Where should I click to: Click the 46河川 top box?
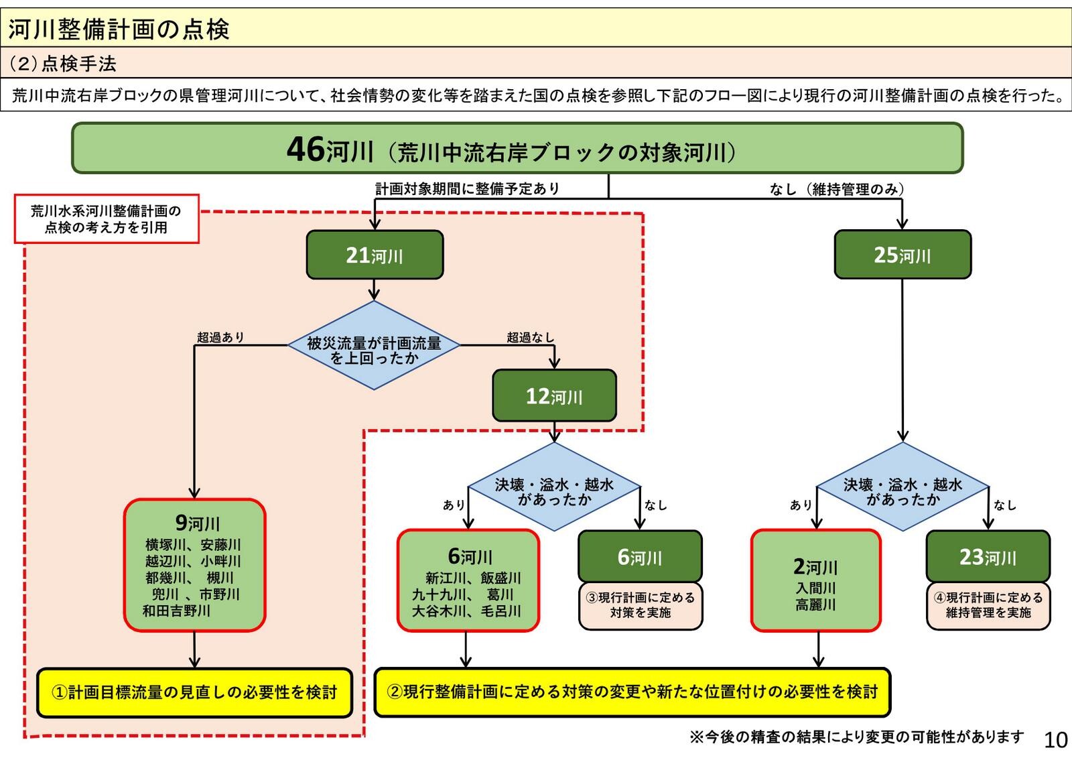coord(517,148)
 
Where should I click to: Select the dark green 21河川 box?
coord(375,255)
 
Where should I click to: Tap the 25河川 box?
coord(902,255)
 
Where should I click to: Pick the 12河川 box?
coord(554,395)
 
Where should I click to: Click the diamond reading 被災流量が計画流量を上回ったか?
coord(374,345)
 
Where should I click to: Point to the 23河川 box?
coord(988,556)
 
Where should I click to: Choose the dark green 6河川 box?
coord(640,556)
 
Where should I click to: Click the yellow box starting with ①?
coord(194,692)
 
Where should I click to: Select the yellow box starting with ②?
coord(632,692)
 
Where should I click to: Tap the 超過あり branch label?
coord(220,337)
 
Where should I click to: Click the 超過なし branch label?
coord(530,337)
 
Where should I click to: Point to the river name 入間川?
coord(815,588)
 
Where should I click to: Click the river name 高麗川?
coord(815,605)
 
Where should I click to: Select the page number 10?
coord(1055,740)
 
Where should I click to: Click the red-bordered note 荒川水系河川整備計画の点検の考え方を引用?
coord(107,219)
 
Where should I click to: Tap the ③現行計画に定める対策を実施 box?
coord(640,605)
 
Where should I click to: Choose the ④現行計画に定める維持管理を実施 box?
coord(988,605)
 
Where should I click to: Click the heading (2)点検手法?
coord(63,64)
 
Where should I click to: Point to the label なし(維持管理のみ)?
coord(836,189)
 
